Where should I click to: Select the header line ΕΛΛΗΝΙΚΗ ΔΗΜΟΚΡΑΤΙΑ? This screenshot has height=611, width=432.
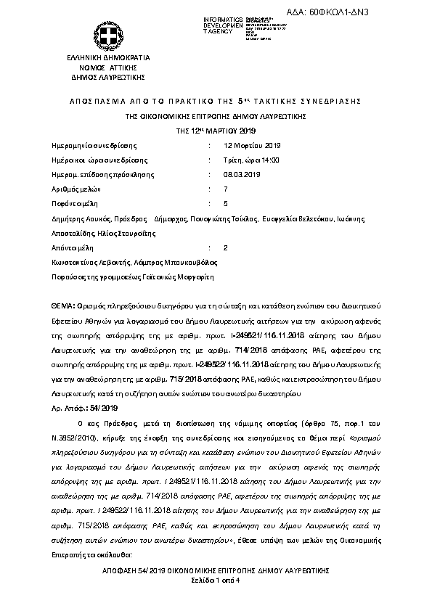[x=107, y=57]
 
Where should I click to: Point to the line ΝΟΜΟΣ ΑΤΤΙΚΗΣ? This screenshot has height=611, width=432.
[x=107, y=66]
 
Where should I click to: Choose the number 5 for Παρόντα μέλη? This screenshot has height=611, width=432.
[x=226, y=203]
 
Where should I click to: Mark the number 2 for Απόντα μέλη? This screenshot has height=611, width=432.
[x=226, y=247]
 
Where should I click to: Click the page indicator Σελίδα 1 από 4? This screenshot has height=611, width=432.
[x=216, y=581]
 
